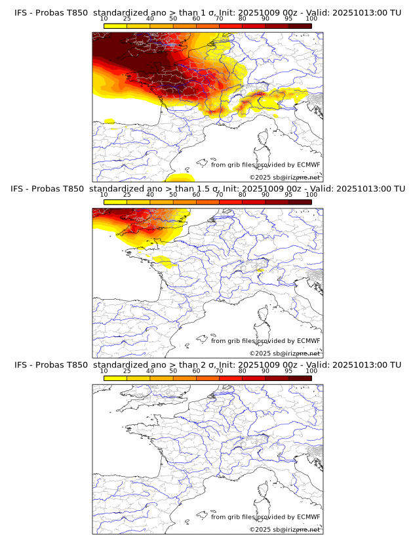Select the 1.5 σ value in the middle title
212,189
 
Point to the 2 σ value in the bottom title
209,365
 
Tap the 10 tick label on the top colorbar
104,19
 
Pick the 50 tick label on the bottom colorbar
173,371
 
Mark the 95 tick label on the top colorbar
288,19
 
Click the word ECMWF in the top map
309,165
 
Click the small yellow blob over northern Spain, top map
109,121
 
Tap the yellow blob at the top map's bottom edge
179,177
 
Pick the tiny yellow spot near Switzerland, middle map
260,270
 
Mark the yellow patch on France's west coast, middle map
161,262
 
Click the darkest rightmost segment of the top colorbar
300,26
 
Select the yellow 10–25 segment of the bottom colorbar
115,378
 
